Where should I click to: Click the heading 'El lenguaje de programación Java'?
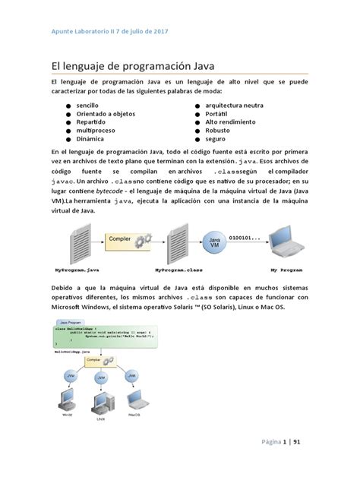pyautogui.click(x=133, y=67)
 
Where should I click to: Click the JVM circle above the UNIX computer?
pyautogui.click(x=100, y=377)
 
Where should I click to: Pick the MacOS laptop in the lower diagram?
pyautogui.click(x=134, y=399)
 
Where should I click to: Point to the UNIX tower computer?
pyautogui.click(x=99, y=403)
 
